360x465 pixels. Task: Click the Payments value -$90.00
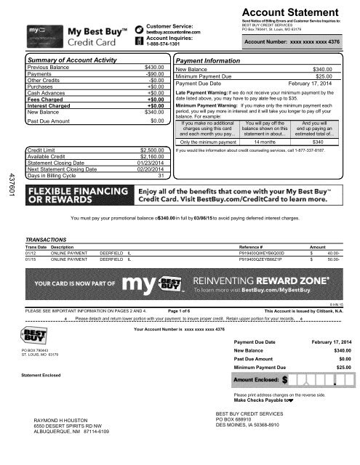tap(150, 75)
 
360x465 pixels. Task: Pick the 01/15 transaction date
tap(30, 258)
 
